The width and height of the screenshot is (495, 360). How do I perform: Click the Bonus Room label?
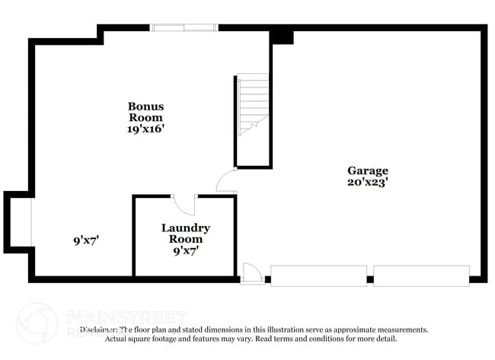pos(145,112)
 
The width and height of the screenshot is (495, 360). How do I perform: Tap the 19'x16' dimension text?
pos(145,129)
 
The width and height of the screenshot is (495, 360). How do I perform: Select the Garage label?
pos(368,170)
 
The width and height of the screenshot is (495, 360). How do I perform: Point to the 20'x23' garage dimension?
pos(368,183)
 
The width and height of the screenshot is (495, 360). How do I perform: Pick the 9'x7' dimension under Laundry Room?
pos(185,250)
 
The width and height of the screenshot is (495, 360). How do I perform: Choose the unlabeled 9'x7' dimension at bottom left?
pos(86,241)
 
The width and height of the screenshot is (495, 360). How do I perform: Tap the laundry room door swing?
pos(185,203)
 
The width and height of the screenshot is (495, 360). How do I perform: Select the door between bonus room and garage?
pos(227,183)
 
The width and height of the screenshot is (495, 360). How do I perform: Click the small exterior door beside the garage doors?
pos(252,273)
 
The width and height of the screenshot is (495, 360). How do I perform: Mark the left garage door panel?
pos(318,276)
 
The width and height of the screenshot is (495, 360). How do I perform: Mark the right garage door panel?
pos(421,276)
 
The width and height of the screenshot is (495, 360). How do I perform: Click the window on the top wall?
pos(184,27)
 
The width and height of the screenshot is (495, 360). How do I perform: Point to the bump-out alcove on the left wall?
pos(18,221)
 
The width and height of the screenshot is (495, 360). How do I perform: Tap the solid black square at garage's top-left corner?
pos(282,36)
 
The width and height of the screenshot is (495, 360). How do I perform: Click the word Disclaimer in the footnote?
pos(98,330)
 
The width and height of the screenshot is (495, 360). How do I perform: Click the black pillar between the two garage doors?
pos(370,279)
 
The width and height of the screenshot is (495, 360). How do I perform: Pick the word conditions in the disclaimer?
pos(335,339)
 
